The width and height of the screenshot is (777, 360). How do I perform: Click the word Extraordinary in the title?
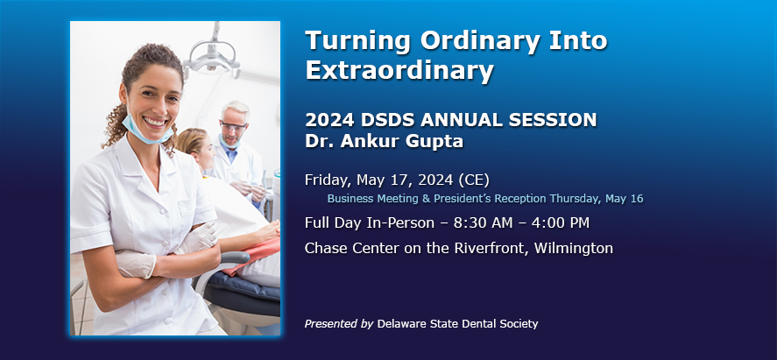point(399,70)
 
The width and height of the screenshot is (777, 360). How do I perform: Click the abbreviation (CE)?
point(474,180)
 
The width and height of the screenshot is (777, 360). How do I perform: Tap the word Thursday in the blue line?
point(575,199)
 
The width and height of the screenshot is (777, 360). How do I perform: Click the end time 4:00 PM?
point(562,223)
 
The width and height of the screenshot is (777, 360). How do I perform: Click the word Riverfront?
point(493,248)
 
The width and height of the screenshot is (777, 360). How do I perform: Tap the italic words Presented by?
point(339,324)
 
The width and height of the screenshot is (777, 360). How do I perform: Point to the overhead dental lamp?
point(213,54)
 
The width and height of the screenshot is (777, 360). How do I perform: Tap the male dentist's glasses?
point(232,127)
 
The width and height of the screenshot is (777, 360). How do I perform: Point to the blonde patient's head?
point(195,147)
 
